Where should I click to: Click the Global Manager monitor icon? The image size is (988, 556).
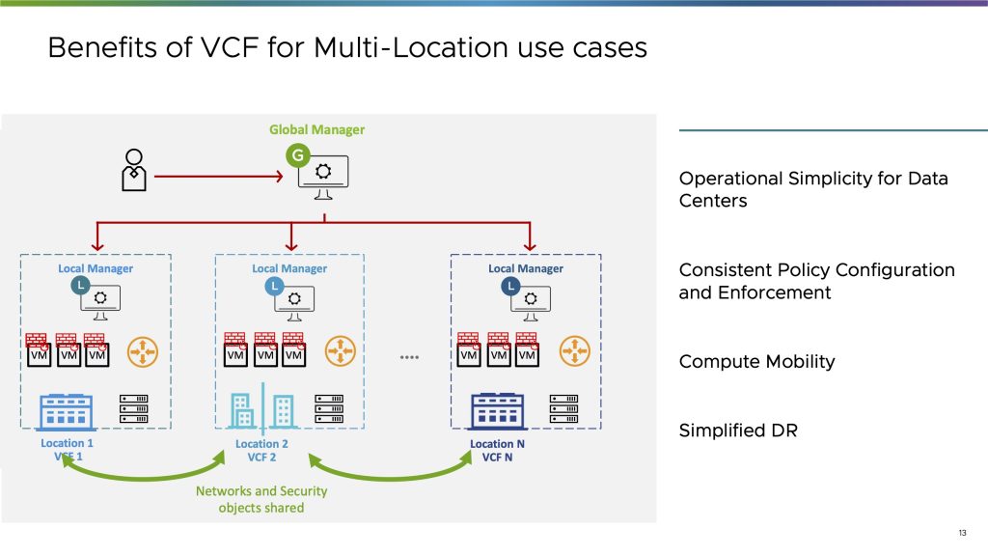tap(323, 176)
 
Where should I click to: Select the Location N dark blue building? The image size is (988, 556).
tap(496, 410)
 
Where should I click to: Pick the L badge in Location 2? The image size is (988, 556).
tap(274, 286)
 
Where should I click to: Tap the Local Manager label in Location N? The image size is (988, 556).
tap(526, 268)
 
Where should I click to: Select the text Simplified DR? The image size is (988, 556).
tap(738, 431)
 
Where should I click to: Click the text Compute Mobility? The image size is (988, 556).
tap(756, 362)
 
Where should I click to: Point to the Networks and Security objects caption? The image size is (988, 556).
tap(261, 499)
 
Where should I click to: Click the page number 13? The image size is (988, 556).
tap(962, 533)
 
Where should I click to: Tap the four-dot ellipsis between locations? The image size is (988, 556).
tap(409, 357)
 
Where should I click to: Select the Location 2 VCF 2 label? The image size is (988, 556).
tap(262, 451)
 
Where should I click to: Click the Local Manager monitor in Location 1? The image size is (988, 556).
tap(100, 301)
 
